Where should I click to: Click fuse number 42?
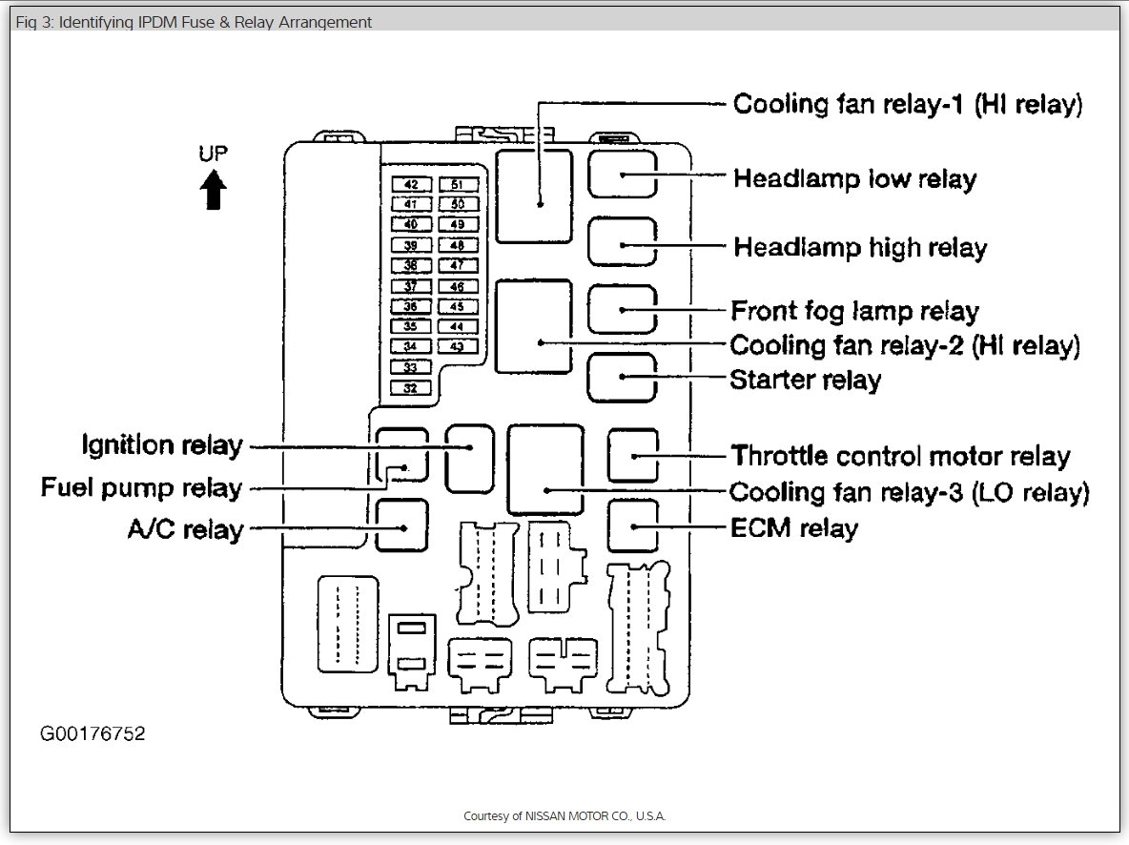[x=411, y=184]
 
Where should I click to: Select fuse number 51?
[x=458, y=184]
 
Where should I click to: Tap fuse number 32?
[x=411, y=388]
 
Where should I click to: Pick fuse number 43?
[x=458, y=347]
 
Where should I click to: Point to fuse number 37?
[x=411, y=286]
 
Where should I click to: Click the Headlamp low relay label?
[x=854, y=178]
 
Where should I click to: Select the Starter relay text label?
[x=805, y=380]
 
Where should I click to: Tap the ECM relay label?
[x=793, y=527]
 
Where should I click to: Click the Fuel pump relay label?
[x=141, y=488]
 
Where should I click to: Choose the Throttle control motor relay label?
[x=900, y=456]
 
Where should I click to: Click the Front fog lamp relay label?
[x=854, y=311]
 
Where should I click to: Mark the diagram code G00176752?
[x=92, y=734]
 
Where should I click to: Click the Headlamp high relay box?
[x=622, y=241]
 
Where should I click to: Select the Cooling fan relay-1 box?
[x=534, y=195]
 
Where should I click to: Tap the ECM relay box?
[x=633, y=526]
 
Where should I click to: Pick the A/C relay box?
[x=401, y=526]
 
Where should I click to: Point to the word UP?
[x=214, y=154]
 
